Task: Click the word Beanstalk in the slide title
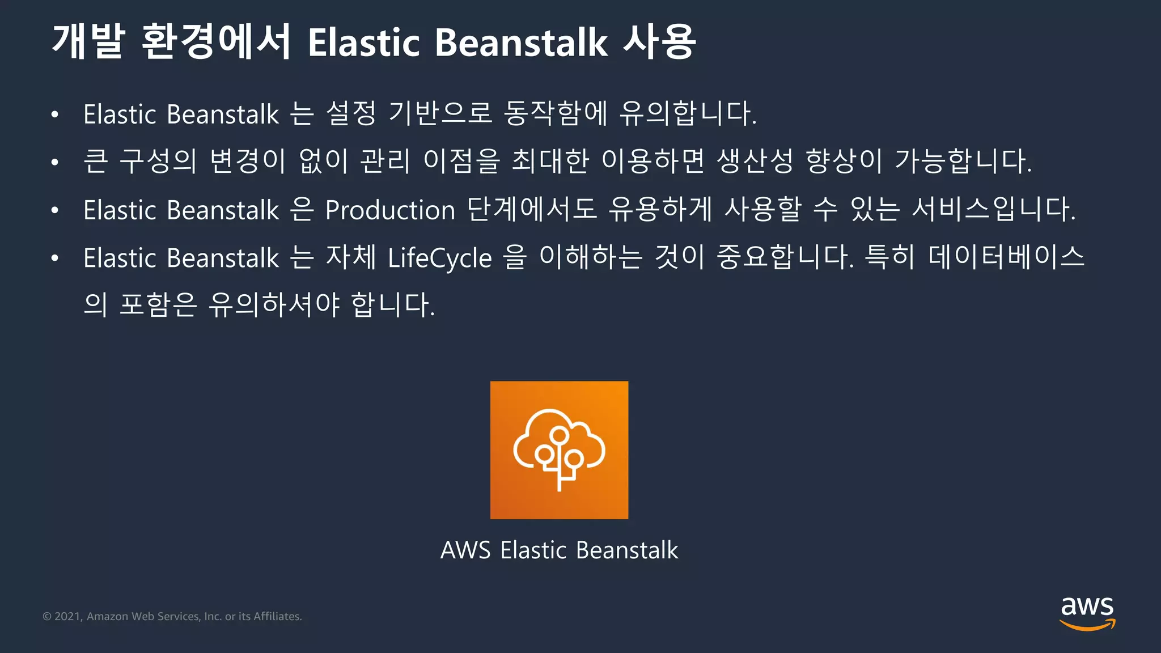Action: [521, 43]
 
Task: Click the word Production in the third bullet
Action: [390, 210]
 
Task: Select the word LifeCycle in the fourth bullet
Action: [440, 258]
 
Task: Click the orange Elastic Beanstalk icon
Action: [559, 450]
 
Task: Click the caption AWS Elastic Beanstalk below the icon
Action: [559, 550]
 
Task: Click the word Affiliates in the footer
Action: [277, 616]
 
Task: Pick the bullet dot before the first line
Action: [54, 115]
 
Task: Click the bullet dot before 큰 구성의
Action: [54, 163]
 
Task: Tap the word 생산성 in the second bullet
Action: [755, 161]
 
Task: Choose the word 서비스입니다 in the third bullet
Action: [993, 209]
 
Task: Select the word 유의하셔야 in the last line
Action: [274, 305]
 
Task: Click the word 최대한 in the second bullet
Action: [550, 161]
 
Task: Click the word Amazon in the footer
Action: [107, 616]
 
